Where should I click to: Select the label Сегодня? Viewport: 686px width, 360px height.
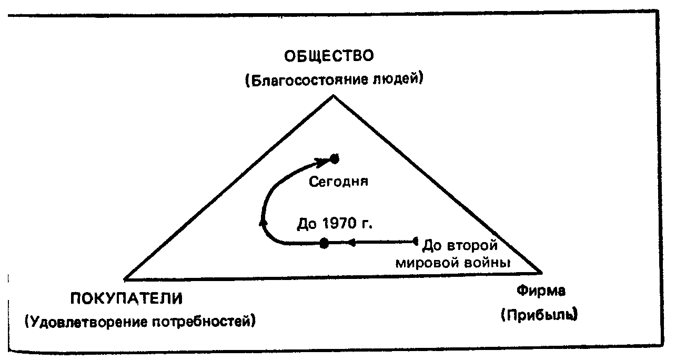[x=337, y=182]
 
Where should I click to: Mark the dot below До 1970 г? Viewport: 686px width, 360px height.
[x=325, y=243]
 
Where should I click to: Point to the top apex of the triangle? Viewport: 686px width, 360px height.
[x=334, y=96]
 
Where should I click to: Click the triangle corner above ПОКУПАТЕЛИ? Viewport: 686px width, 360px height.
[x=125, y=278]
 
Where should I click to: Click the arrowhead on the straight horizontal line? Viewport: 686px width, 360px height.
[x=351, y=243]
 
